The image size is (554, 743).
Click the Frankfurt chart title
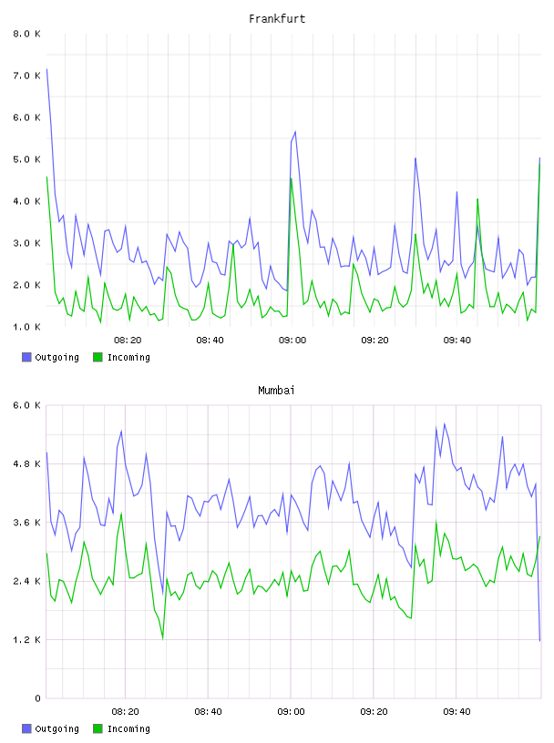tap(277, 19)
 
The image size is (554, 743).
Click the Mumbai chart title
tap(276, 391)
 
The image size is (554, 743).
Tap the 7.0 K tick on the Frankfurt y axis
tap(27, 76)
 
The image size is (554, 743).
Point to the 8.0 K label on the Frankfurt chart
tap(27, 34)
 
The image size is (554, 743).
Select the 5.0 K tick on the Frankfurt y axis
tap(27, 159)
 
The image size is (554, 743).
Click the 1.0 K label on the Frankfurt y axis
tap(27, 327)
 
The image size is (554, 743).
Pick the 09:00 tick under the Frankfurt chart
tap(292, 341)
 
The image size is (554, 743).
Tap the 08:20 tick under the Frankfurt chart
tap(128, 341)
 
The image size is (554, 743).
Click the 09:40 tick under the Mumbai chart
tap(457, 712)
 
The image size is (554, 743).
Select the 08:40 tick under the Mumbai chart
tap(209, 712)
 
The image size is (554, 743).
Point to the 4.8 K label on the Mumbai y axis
tap(27, 463)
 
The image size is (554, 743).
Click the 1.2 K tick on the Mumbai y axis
tap(27, 640)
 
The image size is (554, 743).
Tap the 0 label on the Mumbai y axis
tap(38, 698)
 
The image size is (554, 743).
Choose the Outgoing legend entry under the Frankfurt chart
tap(51, 358)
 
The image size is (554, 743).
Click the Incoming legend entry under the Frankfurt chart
tap(122, 358)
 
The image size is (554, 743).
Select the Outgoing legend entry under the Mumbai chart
tap(51, 729)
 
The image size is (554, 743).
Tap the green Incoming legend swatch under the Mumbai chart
tap(97, 728)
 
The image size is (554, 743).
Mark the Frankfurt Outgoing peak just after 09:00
tap(295, 132)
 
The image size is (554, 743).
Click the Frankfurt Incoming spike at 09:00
tap(292, 178)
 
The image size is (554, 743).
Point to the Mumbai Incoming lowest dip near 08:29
tap(163, 639)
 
